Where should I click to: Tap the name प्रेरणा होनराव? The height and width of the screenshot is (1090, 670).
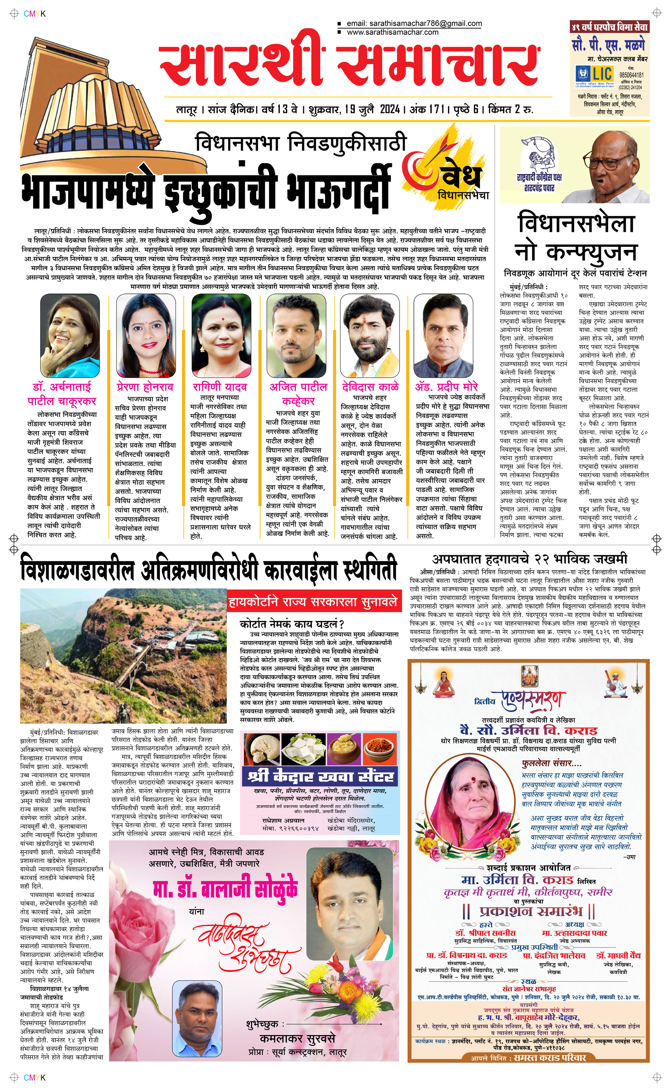pos(145,387)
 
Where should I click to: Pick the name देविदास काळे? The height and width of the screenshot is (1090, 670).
pos(371,387)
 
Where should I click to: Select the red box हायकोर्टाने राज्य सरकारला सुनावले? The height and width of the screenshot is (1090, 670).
pos(313,602)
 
